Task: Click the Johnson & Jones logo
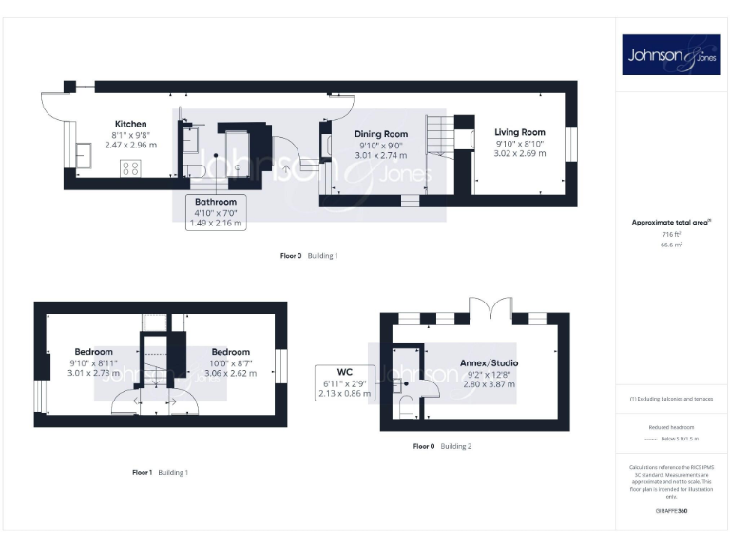tap(669, 55)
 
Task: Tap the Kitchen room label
tap(130, 125)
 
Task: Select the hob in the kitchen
tap(131, 168)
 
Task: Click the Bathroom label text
tap(215, 203)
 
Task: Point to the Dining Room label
tap(380, 135)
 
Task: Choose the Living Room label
tap(520, 132)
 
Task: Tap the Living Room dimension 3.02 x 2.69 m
tap(520, 152)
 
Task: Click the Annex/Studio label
tap(489, 363)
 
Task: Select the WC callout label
tap(345, 371)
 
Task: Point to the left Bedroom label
tap(93, 352)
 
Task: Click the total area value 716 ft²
tap(671, 233)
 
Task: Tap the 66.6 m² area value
tap(671, 245)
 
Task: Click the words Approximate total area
tap(669, 223)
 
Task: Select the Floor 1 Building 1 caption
tap(160, 472)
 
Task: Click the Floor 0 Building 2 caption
tap(442, 446)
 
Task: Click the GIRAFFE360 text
tap(671, 512)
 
